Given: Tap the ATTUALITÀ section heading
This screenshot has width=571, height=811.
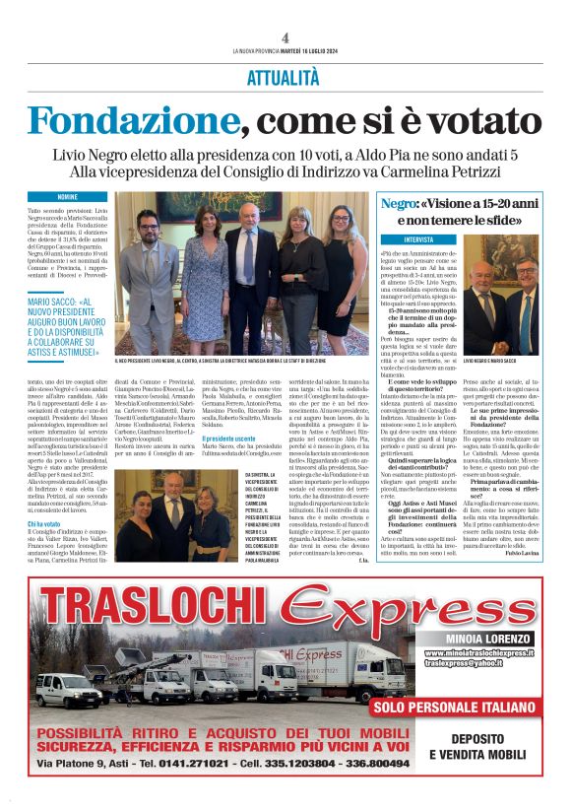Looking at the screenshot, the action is (285, 76).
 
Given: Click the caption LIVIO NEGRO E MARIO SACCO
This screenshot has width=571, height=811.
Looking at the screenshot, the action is (489, 362).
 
